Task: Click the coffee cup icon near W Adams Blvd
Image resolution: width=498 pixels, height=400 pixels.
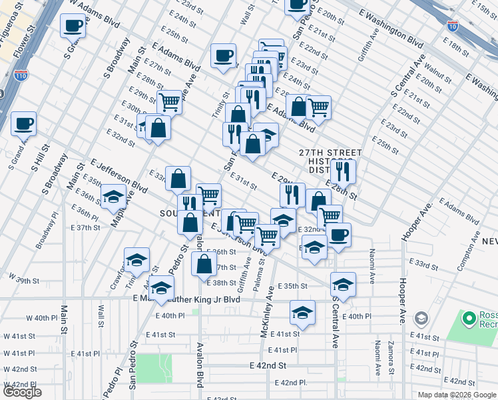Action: point(73,27)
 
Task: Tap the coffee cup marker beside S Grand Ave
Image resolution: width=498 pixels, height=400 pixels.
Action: point(23,123)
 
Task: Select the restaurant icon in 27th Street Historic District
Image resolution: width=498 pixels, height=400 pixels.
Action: point(344,171)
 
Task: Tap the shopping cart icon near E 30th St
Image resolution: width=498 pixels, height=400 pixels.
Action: point(170,103)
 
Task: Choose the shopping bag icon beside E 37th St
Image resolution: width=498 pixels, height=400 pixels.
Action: point(203,264)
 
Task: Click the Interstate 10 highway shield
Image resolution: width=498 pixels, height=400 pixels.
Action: point(453,27)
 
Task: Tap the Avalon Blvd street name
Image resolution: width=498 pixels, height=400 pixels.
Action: point(199,365)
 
